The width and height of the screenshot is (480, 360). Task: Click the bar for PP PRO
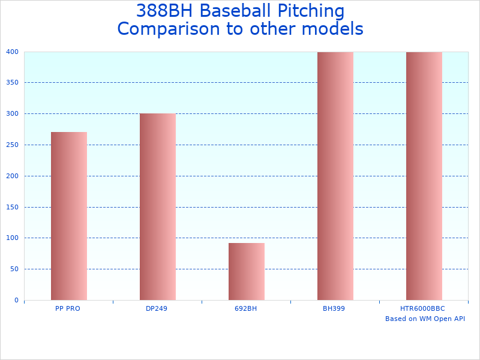pyautogui.click(x=69, y=216)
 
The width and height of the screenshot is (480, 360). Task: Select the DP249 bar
pyautogui.click(x=158, y=207)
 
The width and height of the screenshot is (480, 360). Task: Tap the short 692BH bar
pyautogui.click(x=247, y=271)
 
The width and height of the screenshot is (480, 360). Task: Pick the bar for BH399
pyautogui.click(x=335, y=176)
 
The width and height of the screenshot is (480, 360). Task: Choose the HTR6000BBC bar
pyautogui.click(x=424, y=176)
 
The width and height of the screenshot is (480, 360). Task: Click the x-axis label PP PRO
pyautogui.click(x=68, y=308)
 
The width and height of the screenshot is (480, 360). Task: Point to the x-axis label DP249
pyautogui.click(x=157, y=308)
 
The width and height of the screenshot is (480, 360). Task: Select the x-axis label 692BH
pyautogui.click(x=245, y=308)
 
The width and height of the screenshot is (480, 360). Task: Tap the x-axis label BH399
pyautogui.click(x=334, y=308)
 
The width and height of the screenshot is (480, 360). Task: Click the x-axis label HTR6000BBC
pyautogui.click(x=422, y=308)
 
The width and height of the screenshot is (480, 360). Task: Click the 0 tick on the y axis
pyautogui.click(x=17, y=300)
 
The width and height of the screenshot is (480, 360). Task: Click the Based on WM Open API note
pyautogui.click(x=425, y=319)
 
